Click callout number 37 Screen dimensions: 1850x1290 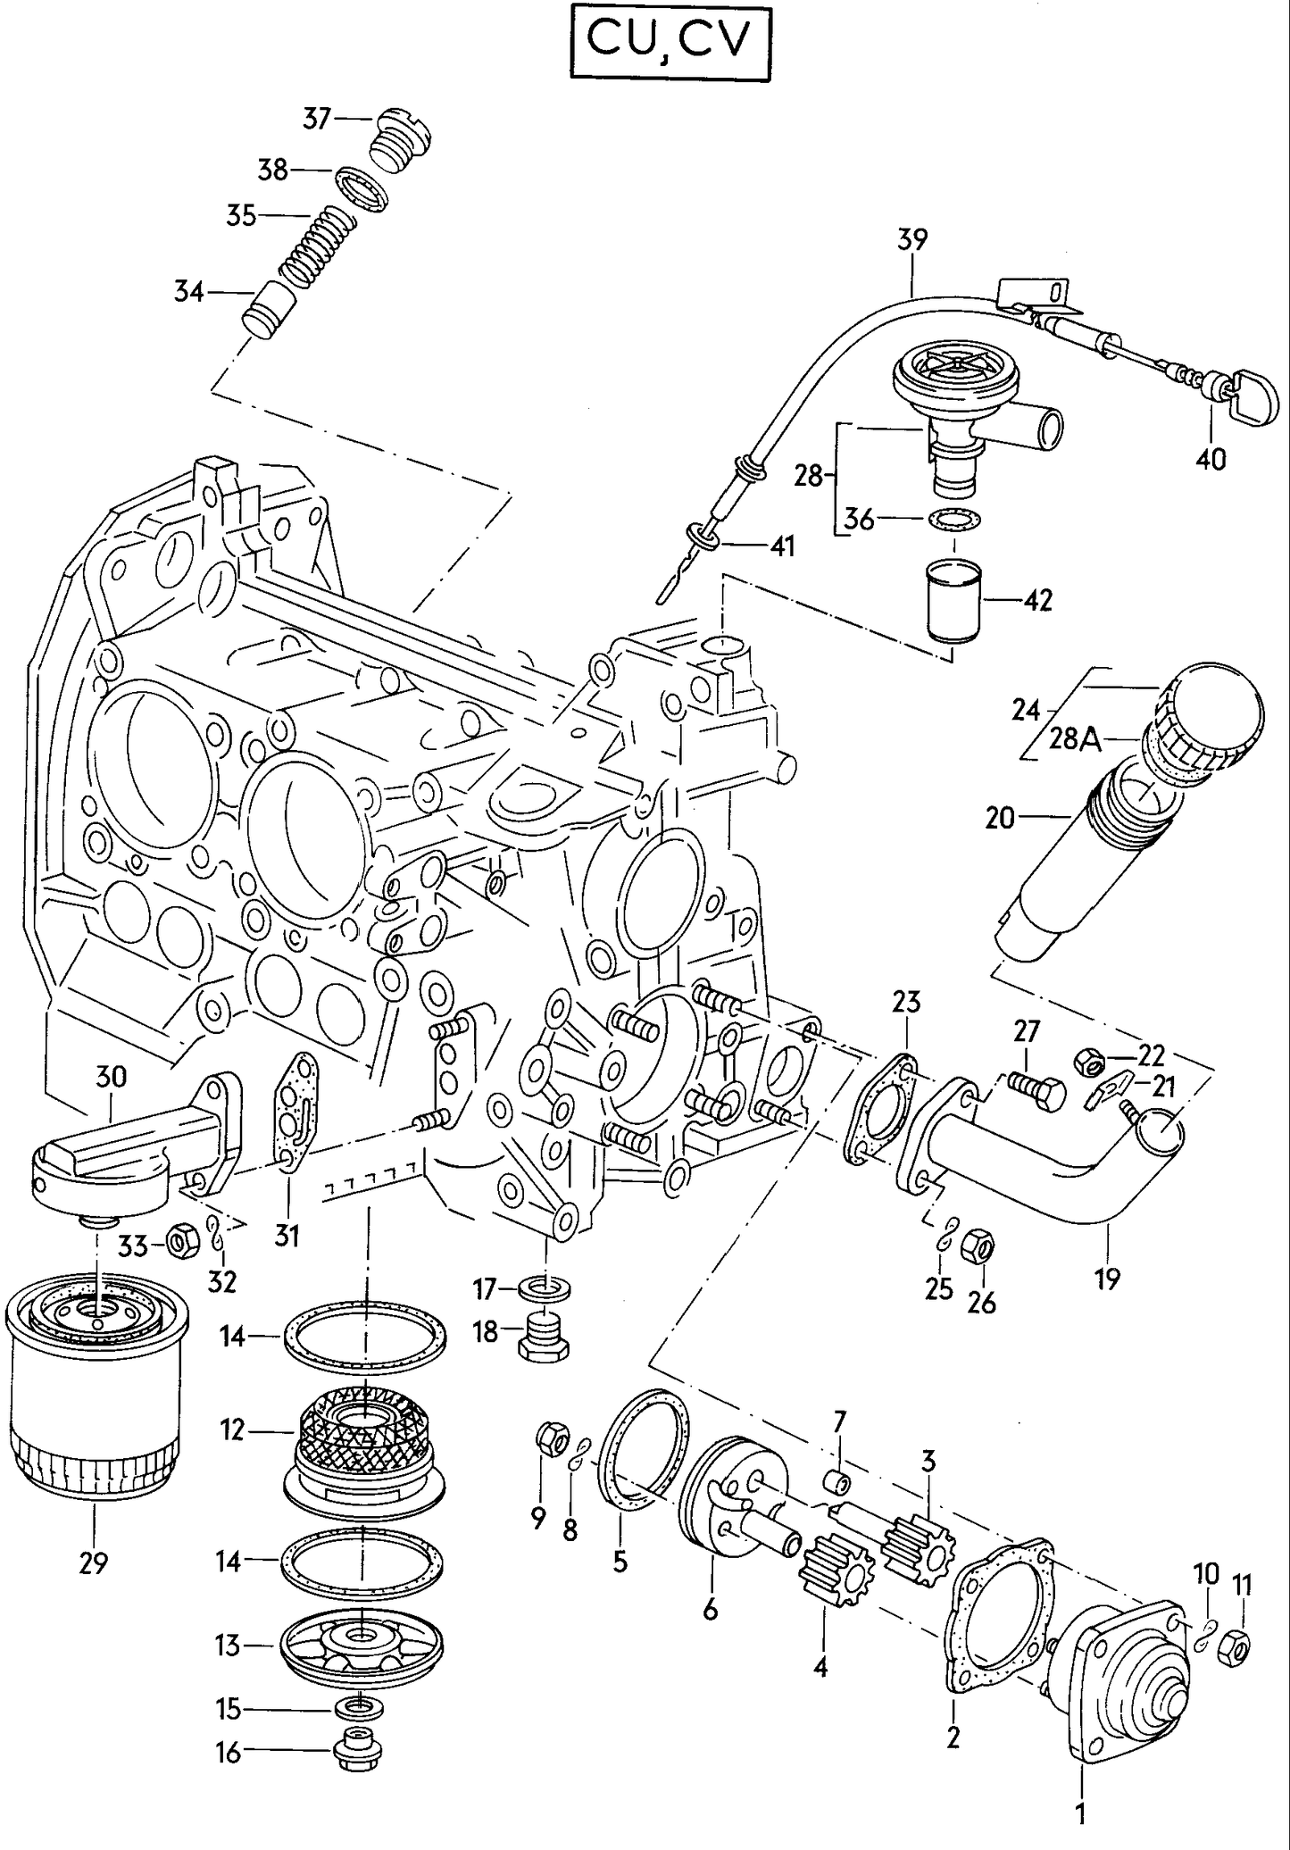[x=316, y=118]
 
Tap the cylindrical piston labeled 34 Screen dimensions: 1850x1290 [x=269, y=309]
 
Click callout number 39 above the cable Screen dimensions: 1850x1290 [x=912, y=239]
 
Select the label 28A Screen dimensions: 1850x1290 [x=1075, y=739]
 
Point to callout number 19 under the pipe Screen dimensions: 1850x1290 [x=1107, y=1279]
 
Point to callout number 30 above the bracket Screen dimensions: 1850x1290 [x=111, y=1077]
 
